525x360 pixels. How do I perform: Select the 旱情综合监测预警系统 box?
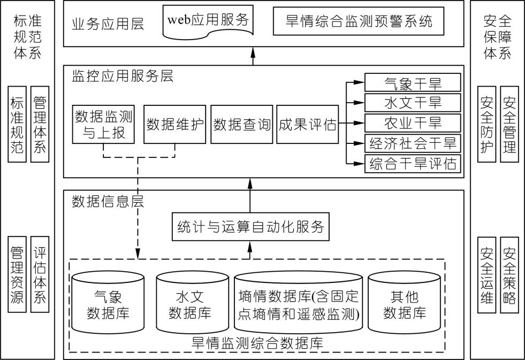[x=359, y=21]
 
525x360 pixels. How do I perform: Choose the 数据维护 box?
[x=175, y=125]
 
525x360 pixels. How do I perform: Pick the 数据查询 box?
[x=242, y=125]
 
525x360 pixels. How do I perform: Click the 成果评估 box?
[x=308, y=125]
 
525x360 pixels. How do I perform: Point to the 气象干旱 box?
[x=413, y=83]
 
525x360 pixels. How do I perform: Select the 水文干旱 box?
[x=413, y=103]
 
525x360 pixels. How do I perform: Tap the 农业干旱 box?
[x=413, y=122]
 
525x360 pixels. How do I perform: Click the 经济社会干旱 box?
[x=413, y=143]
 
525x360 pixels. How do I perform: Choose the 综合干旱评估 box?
[x=413, y=163]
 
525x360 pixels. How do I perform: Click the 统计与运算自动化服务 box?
[x=250, y=226]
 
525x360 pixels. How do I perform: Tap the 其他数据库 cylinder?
[x=405, y=303]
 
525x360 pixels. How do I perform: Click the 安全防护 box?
[x=487, y=124]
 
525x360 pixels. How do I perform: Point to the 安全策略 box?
[x=509, y=275]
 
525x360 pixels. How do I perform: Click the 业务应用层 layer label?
[x=108, y=24]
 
